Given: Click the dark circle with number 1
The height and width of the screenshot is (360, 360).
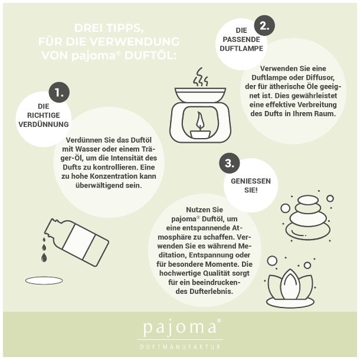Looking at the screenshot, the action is tap(59, 92).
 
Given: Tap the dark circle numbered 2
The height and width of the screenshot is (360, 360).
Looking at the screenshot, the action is tap(264, 25).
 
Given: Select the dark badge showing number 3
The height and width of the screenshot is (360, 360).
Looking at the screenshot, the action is tap(230, 163).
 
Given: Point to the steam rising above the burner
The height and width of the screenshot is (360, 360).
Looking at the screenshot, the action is tap(201, 77).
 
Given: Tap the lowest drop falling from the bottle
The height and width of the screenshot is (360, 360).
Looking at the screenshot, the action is tap(44, 257).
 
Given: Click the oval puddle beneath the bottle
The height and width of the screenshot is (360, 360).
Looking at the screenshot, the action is tap(44, 280).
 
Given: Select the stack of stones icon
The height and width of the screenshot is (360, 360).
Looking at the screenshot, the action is tap(308, 217).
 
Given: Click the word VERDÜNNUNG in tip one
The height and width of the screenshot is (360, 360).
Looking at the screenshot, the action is tap(44, 124).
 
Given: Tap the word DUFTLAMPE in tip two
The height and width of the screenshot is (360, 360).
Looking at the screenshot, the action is tap(241, 48).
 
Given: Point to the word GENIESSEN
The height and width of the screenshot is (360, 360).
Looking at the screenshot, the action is tap(251, 181).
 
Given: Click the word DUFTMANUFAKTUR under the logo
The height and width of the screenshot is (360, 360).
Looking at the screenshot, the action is tap(180, 346).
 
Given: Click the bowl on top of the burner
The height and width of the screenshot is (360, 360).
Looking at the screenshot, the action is tap(201, 94).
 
